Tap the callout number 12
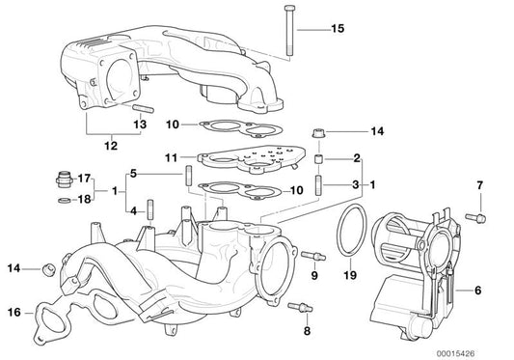[x=112, y=146]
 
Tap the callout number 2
[x=356, y=156]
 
